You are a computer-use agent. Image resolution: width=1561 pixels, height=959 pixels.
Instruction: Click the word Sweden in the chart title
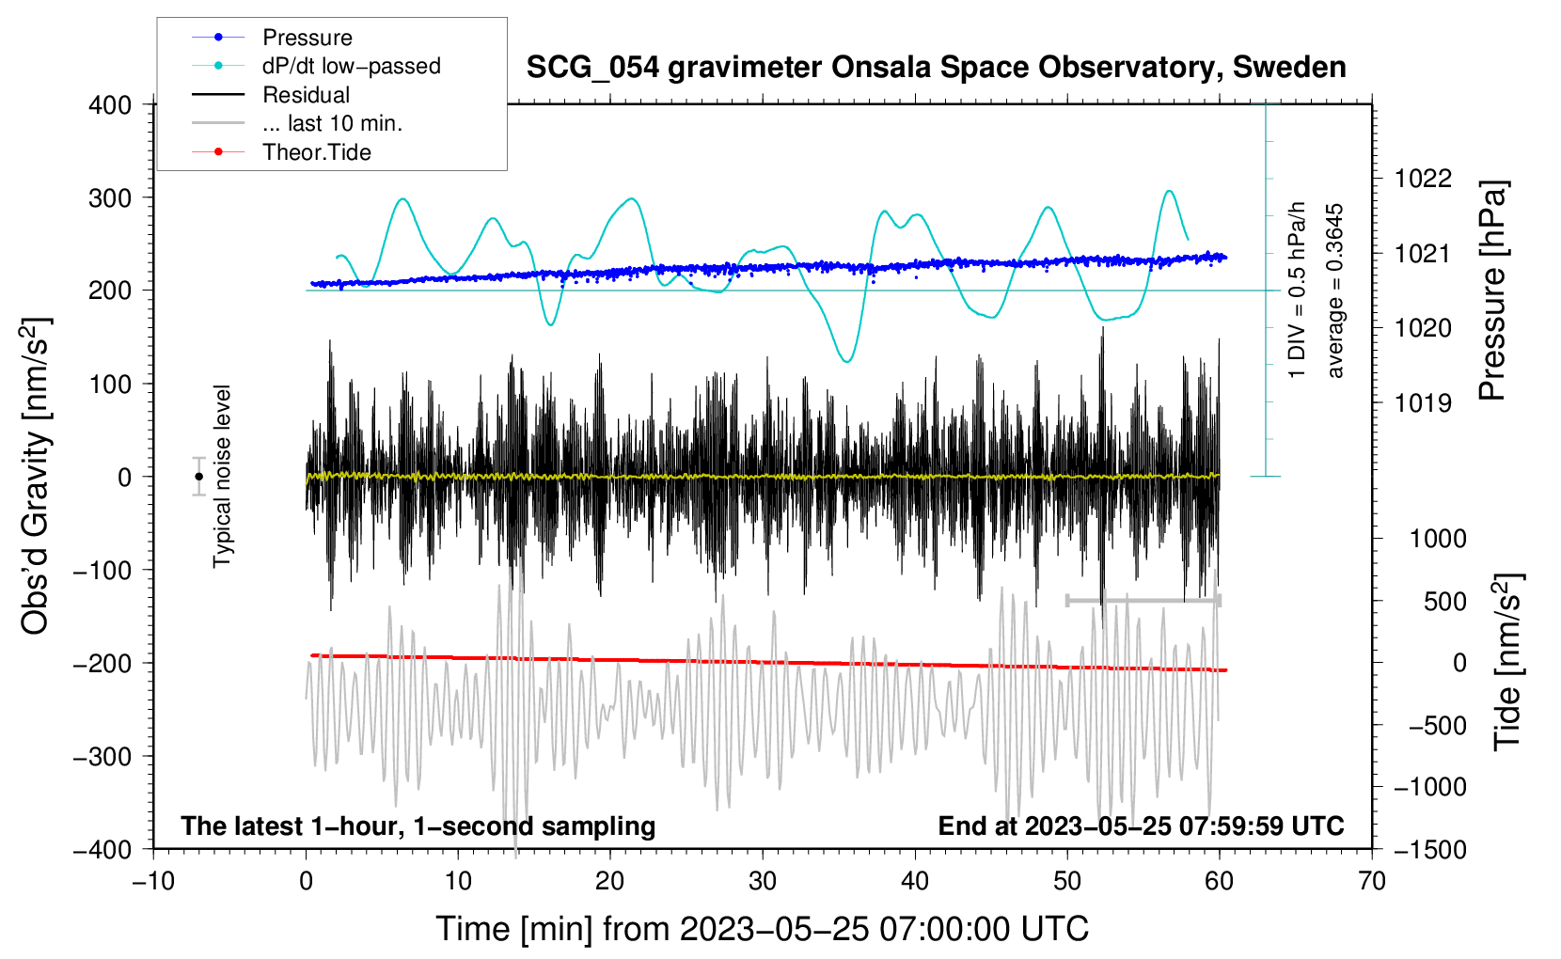1288,67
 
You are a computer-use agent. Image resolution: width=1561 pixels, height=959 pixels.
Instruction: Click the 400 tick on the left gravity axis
110,105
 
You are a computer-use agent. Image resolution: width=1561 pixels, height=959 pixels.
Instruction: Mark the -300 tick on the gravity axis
102,756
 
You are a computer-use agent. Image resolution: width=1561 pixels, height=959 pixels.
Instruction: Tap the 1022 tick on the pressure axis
1423,179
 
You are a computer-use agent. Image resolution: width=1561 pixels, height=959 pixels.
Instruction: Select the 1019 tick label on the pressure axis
1423,402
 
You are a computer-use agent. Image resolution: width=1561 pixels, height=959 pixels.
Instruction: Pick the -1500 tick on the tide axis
1430,850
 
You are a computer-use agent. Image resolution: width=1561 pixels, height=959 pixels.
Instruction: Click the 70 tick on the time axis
1371,881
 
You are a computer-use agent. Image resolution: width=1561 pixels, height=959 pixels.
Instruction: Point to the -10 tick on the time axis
153,881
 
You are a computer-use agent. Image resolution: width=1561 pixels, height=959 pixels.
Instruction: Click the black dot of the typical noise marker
198,477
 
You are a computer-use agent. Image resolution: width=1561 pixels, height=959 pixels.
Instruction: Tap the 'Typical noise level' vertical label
222,477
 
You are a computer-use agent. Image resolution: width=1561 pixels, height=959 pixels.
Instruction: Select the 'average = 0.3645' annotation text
1333,291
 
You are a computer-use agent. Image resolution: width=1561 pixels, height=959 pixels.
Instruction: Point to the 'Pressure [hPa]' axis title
1491,291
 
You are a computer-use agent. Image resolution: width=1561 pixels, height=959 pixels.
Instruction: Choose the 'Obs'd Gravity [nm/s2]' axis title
35,477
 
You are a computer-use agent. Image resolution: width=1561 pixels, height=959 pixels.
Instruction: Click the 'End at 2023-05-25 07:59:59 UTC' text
1141,825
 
